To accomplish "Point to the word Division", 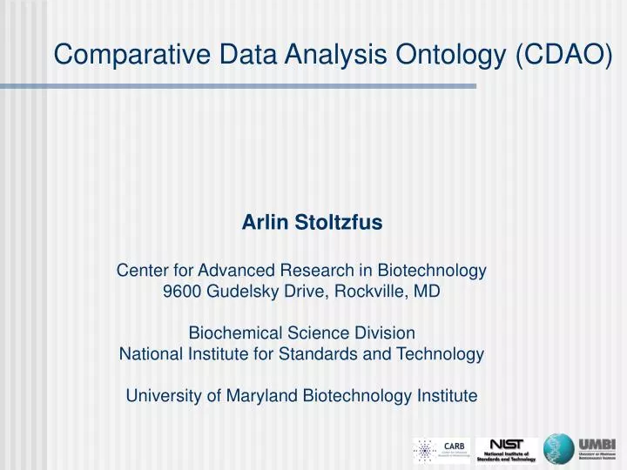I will (x=387, y=333).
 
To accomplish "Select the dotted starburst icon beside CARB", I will (x=425, y=451).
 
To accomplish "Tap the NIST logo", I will (x=506, y=444).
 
